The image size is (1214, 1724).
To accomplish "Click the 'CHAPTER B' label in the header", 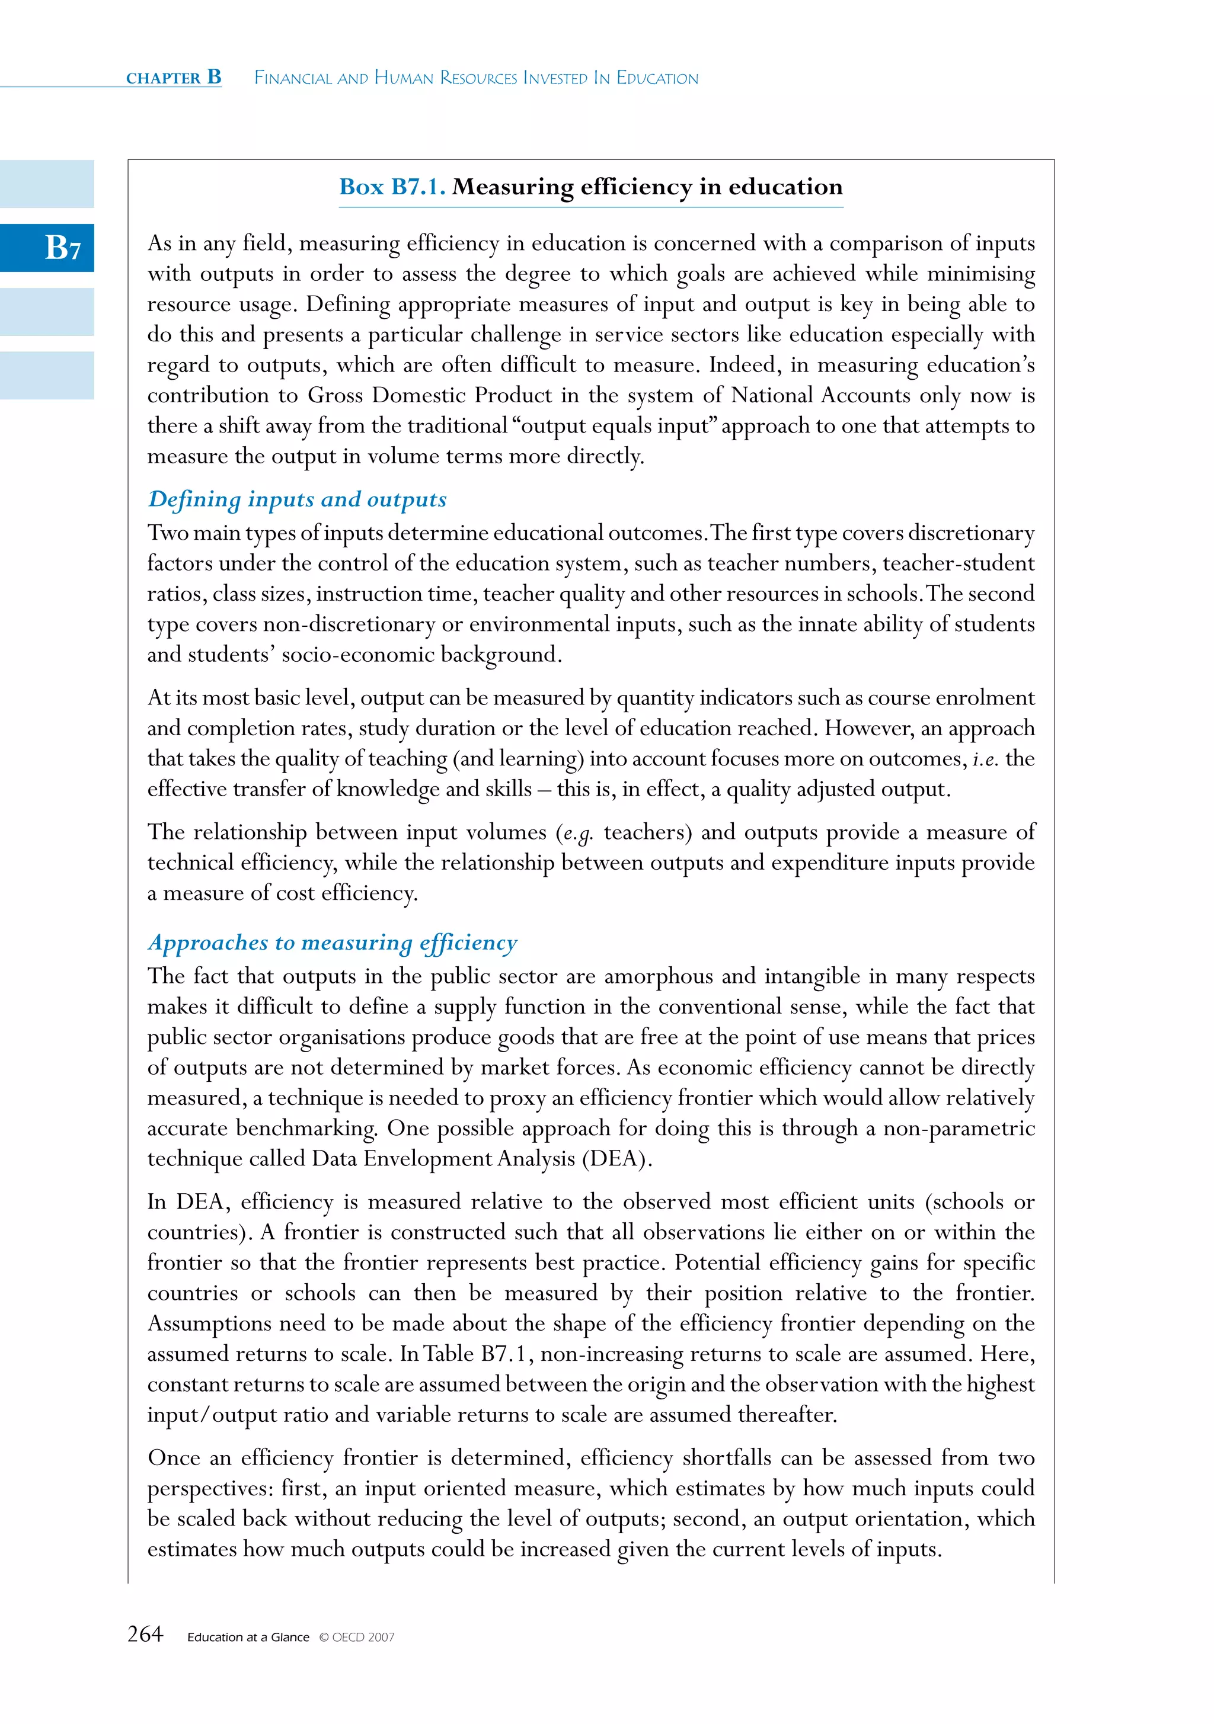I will (174, 78).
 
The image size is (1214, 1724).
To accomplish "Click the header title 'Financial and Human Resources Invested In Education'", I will (476, 78).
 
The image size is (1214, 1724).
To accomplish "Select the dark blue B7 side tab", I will (47, 247).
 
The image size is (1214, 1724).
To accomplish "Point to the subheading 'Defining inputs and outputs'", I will (298, 499).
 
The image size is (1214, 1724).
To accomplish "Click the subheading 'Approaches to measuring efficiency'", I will (333, 943).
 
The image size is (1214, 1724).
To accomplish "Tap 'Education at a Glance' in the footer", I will (248, 1637).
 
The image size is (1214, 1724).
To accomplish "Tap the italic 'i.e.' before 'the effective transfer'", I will (985, 759).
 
